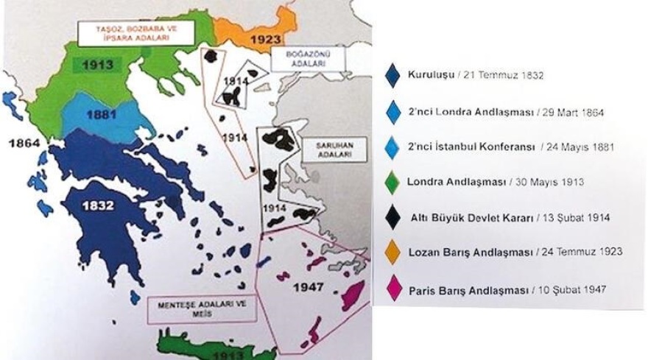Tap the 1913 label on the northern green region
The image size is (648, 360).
click(97, 65)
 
